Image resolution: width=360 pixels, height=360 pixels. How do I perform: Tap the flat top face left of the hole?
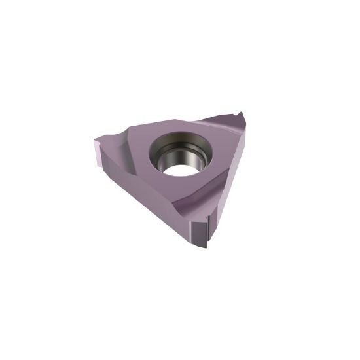(141, 151)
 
